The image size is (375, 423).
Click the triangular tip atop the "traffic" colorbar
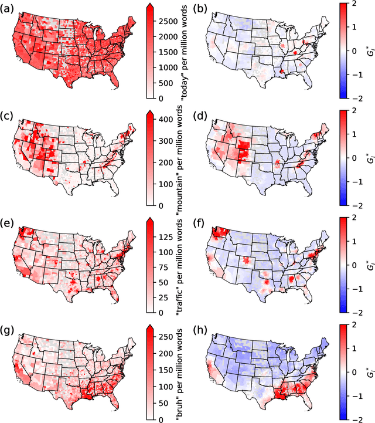click(150, 220)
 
